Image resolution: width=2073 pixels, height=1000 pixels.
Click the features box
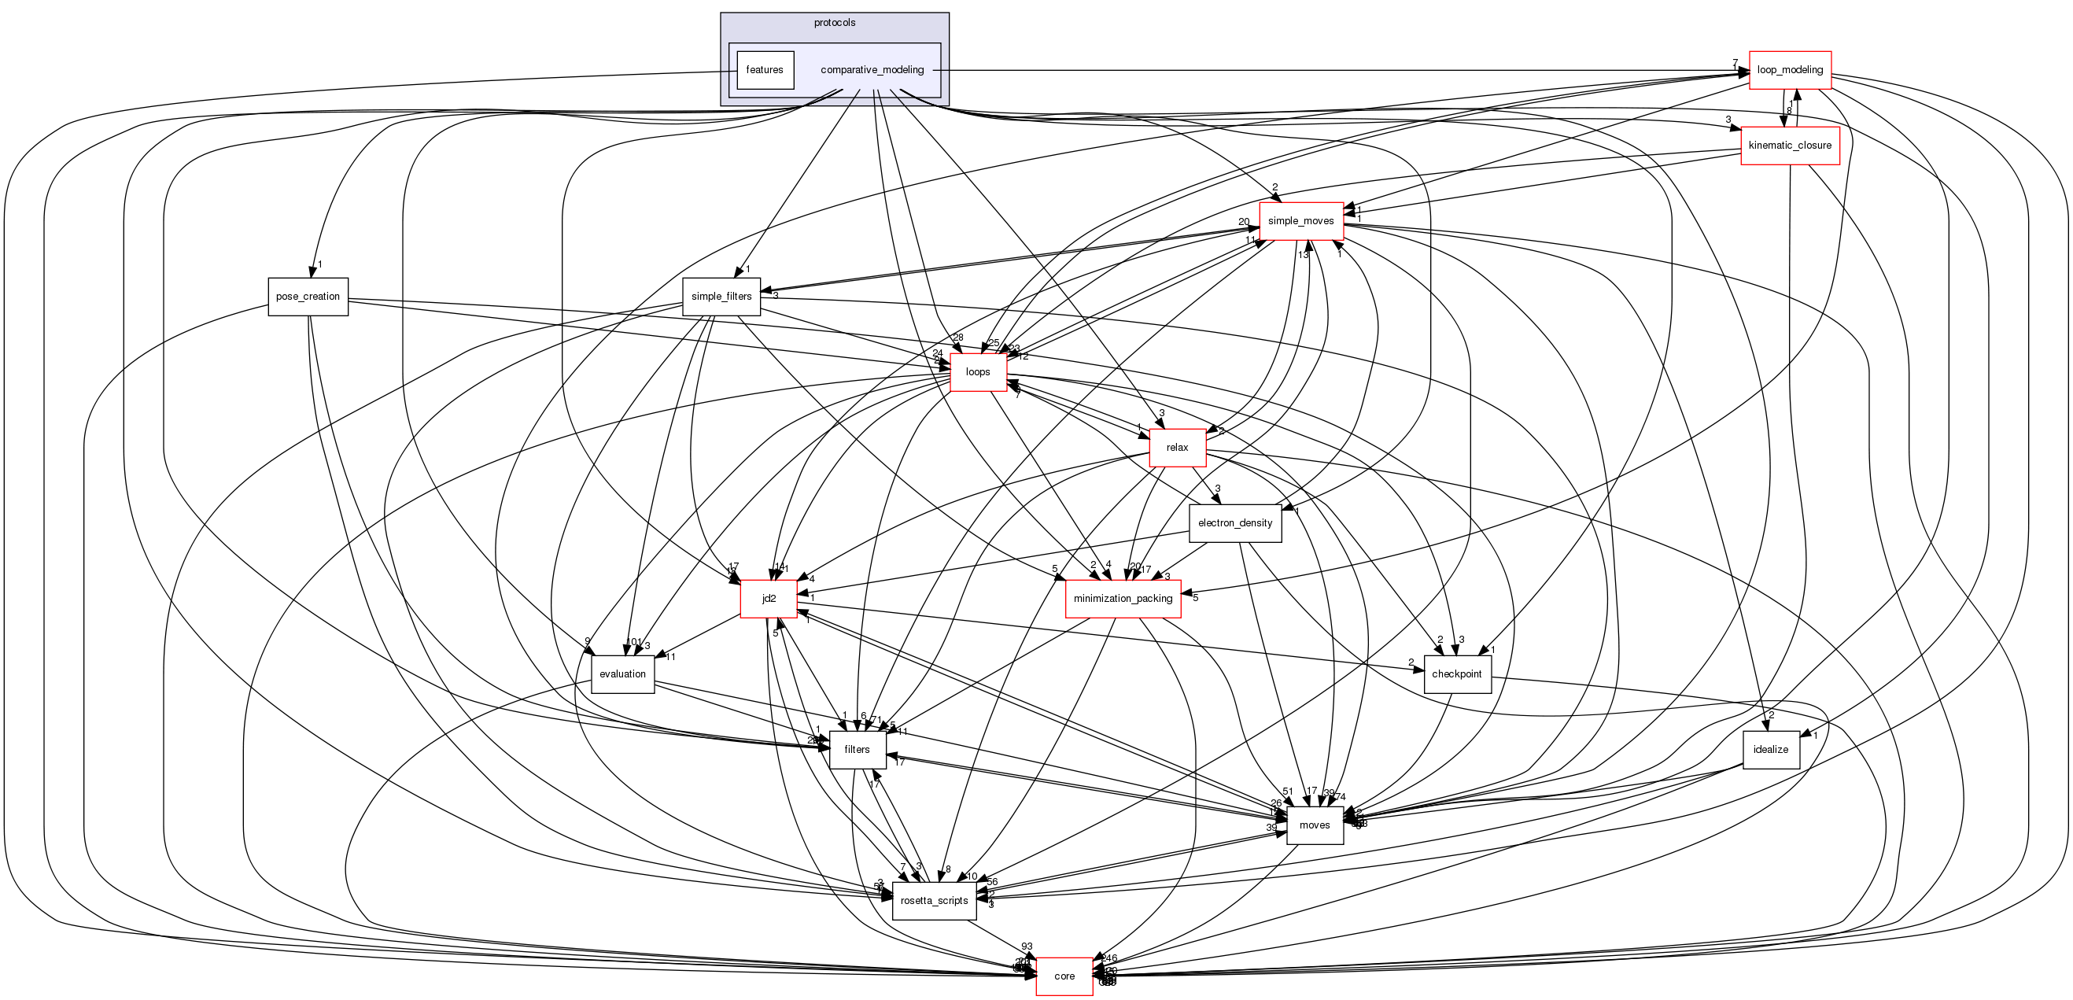tap(765, 70)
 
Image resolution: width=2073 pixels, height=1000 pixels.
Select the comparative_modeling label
tap(872, 70)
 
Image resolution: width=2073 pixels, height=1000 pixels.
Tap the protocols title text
tap(835, 23)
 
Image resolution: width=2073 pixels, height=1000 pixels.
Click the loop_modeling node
tap(1789, 70)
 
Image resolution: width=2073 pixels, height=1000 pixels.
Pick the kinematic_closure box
tap(1789, 146)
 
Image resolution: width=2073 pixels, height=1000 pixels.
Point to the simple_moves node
tap(1300, 220)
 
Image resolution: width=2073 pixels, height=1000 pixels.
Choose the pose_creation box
tap(308, 296)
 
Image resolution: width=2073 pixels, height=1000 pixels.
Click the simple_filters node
tap(721, 296)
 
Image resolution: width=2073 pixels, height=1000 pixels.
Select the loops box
tap(978, 371)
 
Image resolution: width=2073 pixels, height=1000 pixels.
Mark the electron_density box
tap(1234, 523)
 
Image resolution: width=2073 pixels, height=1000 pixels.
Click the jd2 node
tap(769, 599)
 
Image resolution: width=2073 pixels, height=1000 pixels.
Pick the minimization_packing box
tap(1123, 599)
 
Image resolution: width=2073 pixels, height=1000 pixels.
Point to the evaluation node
tap(622, 674)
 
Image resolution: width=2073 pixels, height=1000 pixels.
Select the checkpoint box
tap(1456, 674)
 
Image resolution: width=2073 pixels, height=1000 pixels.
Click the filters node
tap(857, 750)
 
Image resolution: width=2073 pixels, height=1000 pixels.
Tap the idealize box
tap(1770, 750)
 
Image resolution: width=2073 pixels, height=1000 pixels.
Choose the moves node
tap(1314, 825)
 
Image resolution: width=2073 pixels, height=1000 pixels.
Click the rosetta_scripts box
tap(934, 901)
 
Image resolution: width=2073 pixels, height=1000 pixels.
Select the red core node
tap(1064, 976)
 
